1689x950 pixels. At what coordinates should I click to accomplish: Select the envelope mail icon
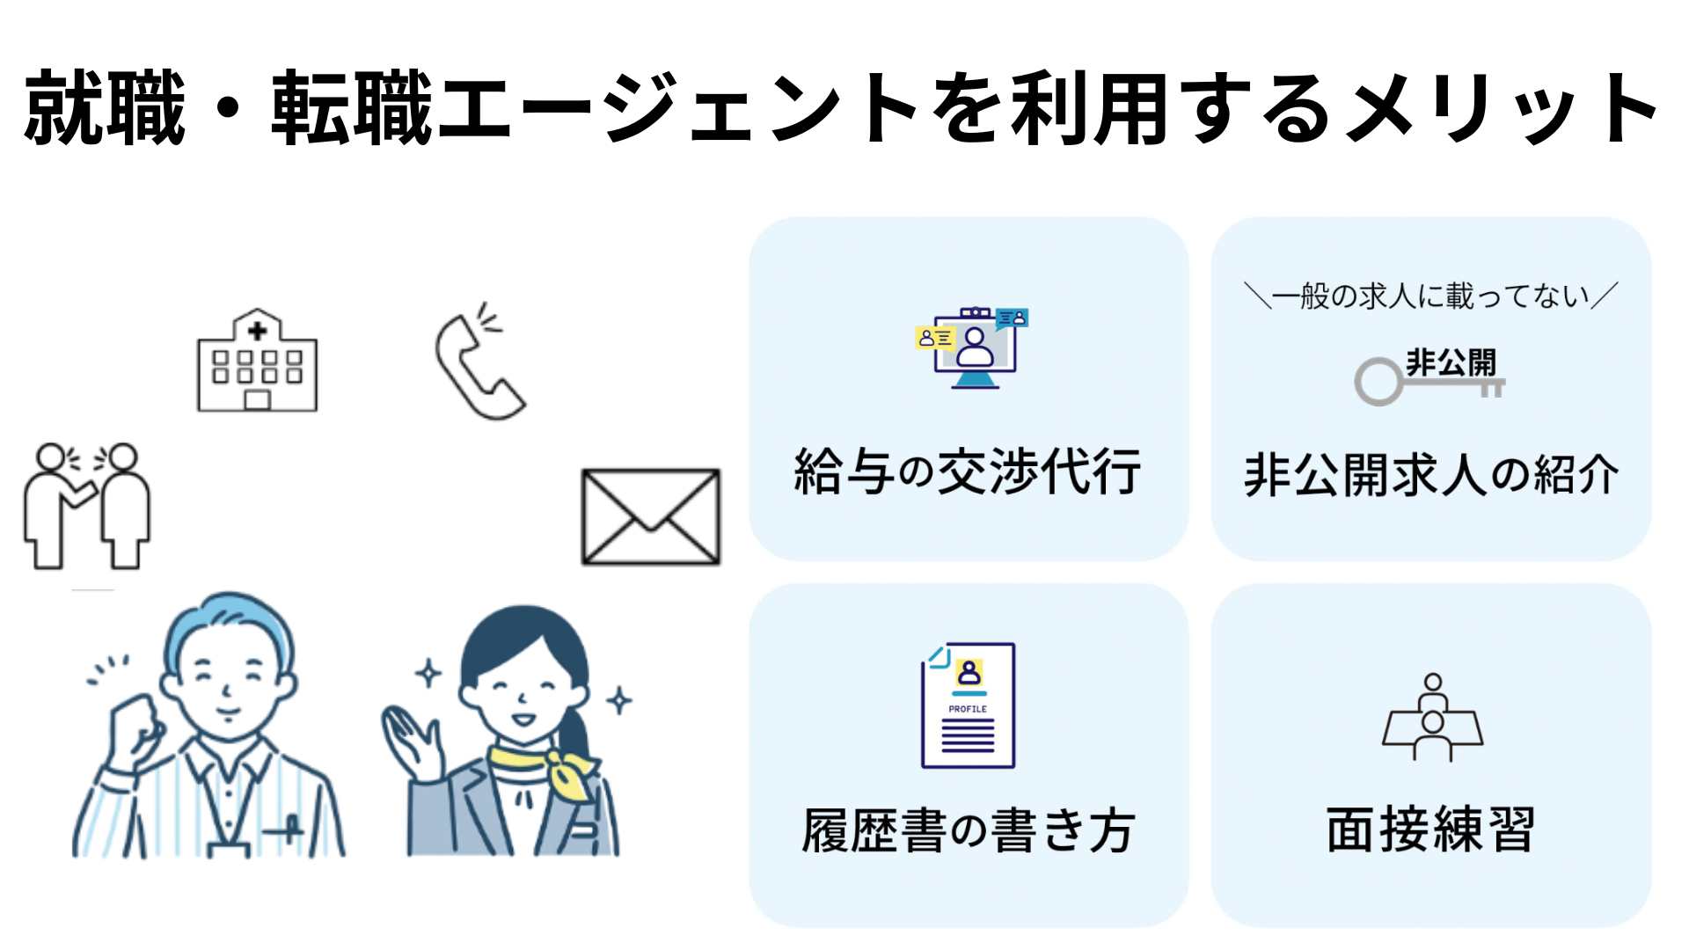coord(651,516)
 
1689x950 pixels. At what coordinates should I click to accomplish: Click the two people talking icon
coord(86,506)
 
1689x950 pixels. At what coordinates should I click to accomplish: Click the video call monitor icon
coord(972,348)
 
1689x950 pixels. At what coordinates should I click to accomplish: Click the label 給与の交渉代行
coord(968,471)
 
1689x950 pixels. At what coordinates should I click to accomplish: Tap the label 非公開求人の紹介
coord(1431,475)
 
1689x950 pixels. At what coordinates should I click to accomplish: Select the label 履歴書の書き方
coord(968,830)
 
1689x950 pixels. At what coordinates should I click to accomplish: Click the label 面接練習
coord(1431,829)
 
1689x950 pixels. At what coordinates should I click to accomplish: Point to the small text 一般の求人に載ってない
coord(1431,296)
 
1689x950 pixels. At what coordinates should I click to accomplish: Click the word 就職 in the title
coord(106,110)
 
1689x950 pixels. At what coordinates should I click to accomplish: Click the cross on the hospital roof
coord(257,331)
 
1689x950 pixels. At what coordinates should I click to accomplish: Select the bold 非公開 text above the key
coord(1451,362)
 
